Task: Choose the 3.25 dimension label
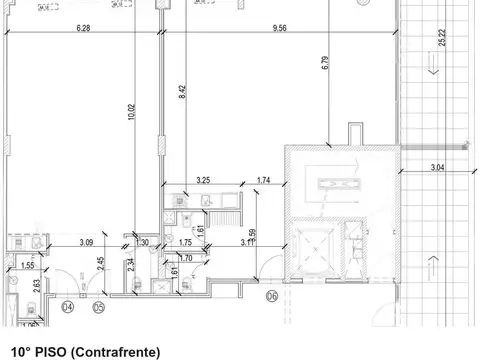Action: [203, 180]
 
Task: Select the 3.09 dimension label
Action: [87, 242]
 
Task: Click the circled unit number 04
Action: [67, 308]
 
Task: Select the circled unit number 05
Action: [98, 308]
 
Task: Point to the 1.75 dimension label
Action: [186, 242]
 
